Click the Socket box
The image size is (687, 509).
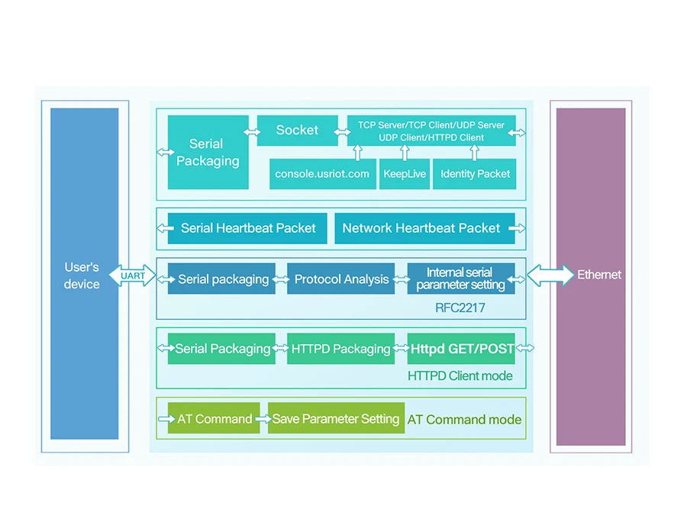[297, 130]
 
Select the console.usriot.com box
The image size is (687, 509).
[322, 174]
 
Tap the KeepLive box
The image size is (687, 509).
[405, 174]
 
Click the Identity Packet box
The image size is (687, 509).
[475, 174]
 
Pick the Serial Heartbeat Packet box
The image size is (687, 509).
[247, 228]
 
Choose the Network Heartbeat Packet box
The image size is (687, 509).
[421, 228]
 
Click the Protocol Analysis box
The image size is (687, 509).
[341, 279]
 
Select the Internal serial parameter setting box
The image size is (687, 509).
[460, 279]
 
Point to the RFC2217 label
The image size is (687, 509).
[460, 308]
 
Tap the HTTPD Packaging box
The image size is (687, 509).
[340, 349]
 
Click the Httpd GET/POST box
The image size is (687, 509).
[461, 349]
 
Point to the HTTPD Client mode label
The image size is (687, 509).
[460, 375]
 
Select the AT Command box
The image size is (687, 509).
[214, 419]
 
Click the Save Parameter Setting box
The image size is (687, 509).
[336, 419]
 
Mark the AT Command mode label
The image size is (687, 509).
[464, 420]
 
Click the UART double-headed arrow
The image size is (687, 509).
[133, 275]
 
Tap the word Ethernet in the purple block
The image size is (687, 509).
[599, 275]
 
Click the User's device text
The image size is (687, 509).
[82, 275]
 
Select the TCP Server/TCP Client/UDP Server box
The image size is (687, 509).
[431, 130]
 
